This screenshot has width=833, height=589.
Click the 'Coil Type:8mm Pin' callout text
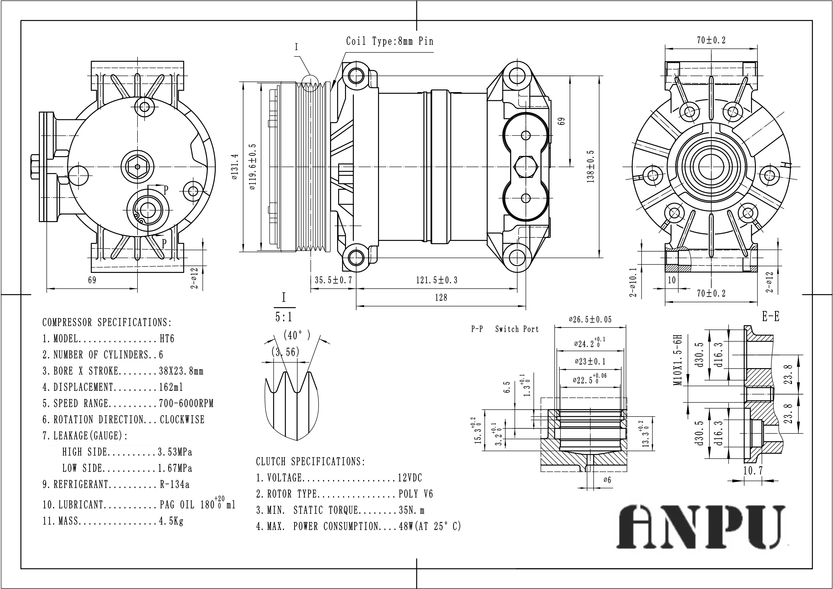point(389,41)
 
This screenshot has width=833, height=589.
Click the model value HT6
point(167,339)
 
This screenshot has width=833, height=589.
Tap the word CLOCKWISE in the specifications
point(182,419)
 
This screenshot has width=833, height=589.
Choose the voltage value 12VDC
point(410,478)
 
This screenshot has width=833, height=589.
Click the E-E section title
point(771,317)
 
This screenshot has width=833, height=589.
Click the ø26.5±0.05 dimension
point(590,320)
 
